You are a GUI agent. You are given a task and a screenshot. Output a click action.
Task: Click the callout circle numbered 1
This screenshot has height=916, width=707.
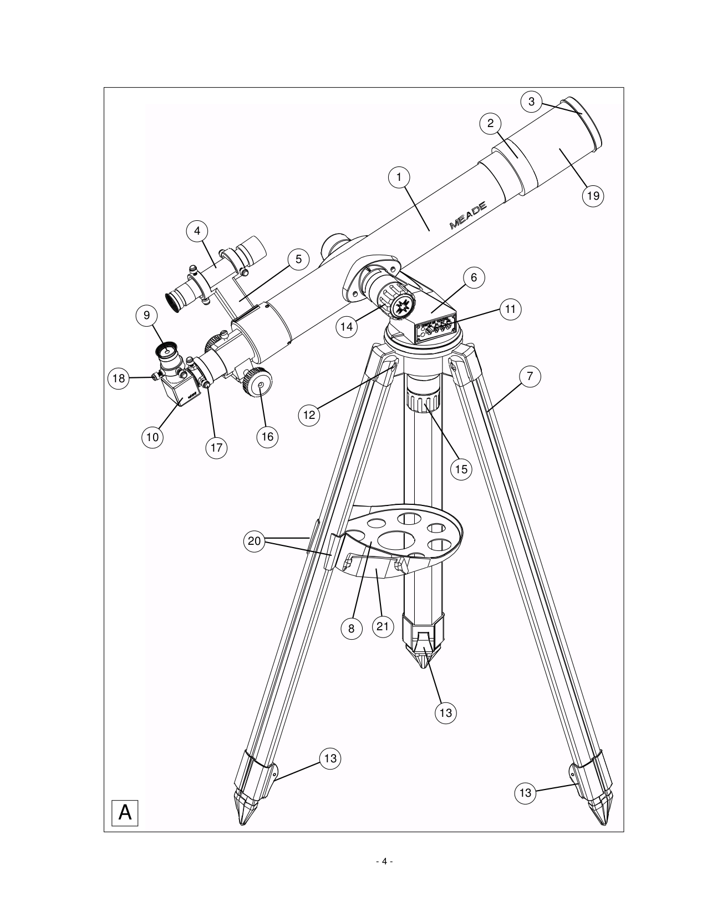point(399,177)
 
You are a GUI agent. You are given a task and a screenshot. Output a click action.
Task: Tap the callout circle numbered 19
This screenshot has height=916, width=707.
point(593,195)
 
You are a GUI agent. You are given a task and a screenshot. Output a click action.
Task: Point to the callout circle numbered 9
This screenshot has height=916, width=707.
point(147,315)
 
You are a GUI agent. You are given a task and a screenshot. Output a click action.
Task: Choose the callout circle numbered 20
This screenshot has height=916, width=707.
point(255,541)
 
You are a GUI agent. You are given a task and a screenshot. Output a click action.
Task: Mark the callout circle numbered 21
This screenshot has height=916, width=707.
point(382,627)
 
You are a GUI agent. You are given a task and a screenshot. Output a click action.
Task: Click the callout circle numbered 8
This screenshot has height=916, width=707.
point(351,628)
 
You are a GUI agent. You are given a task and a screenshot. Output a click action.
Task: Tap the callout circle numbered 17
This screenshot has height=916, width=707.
point(216,447)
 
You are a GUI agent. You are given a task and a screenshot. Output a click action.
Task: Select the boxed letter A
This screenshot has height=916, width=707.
point(125,813)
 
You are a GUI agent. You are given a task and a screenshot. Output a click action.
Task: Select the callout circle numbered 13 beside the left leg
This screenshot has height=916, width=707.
point(330,758)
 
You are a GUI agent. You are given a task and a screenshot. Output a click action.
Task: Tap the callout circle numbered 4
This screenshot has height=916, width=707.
point(197,231)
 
